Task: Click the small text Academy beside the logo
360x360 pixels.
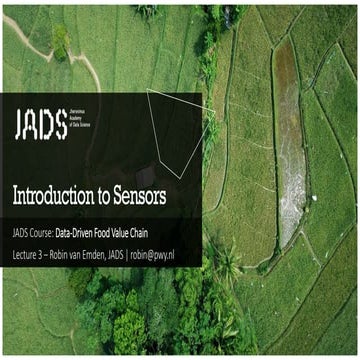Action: click(86, 123)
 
